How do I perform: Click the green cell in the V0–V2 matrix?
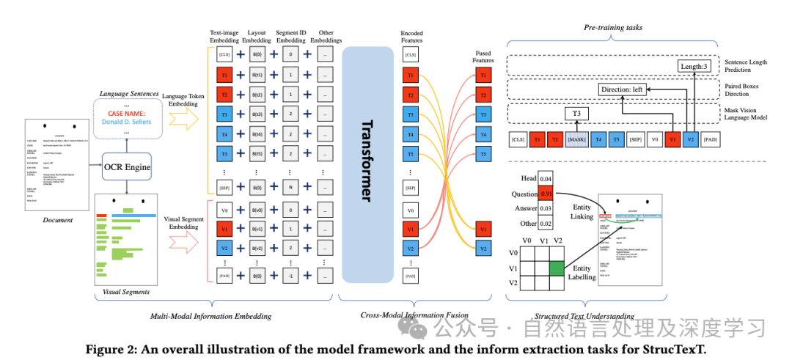(555, 268)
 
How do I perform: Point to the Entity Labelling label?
(582, 272)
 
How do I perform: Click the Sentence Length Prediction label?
(744, 67)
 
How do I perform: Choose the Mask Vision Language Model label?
(744, 114)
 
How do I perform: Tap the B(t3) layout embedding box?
(257, 114)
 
